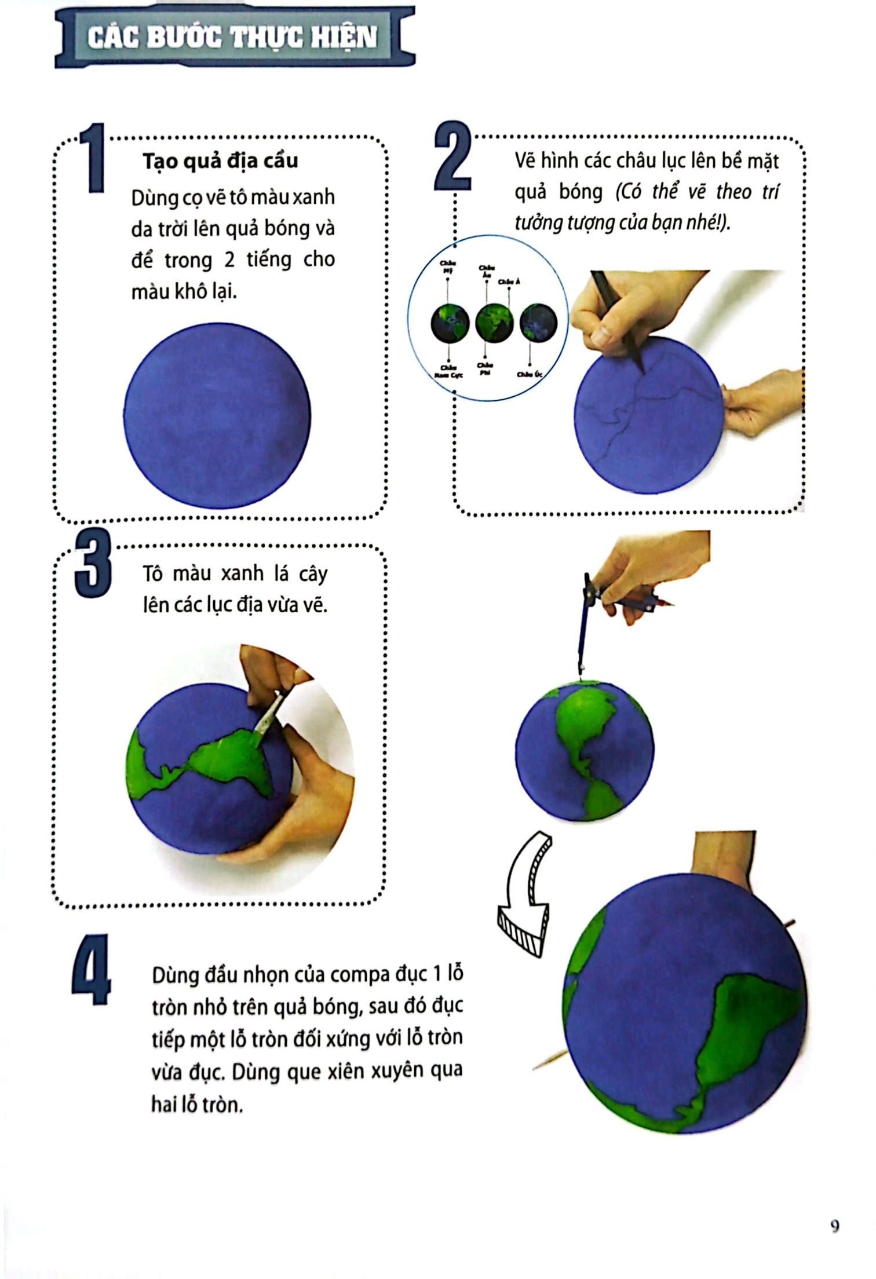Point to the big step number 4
point(92,970)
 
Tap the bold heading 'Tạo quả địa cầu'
point(220,161)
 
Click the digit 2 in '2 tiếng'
point(229,260)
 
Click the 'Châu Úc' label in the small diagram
point(530,375)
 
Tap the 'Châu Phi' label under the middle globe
point(485,369)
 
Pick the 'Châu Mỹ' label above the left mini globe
point(448,267)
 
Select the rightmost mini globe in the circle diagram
point(538,323)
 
